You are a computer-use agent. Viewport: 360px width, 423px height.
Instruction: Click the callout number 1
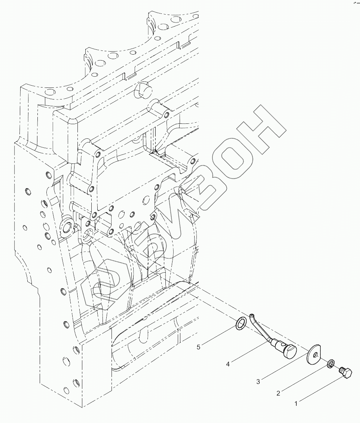tap(296, 404)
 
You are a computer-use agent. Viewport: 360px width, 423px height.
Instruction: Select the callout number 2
tap(278, 393)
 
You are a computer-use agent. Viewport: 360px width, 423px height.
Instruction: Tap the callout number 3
tap(258, 381)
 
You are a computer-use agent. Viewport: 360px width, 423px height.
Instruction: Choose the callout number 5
tap(199, 347)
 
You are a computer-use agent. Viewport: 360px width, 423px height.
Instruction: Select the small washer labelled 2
tap(331, 364)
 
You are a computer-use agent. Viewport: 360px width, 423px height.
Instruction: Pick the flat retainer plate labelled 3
tap(313, 355)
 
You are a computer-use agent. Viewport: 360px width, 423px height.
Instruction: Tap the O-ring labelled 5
tap(241, 323)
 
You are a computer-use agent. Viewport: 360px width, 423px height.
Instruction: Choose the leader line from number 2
tap(303, 379)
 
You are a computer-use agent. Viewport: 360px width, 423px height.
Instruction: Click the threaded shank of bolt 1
tap(341, 370)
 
